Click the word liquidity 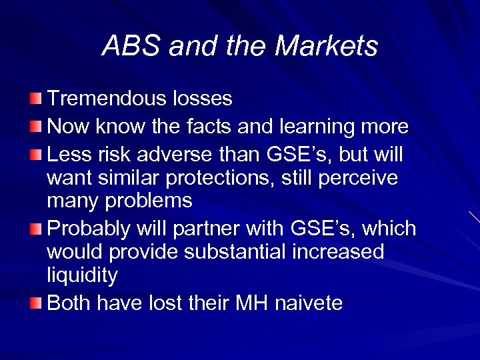(83, 275)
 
